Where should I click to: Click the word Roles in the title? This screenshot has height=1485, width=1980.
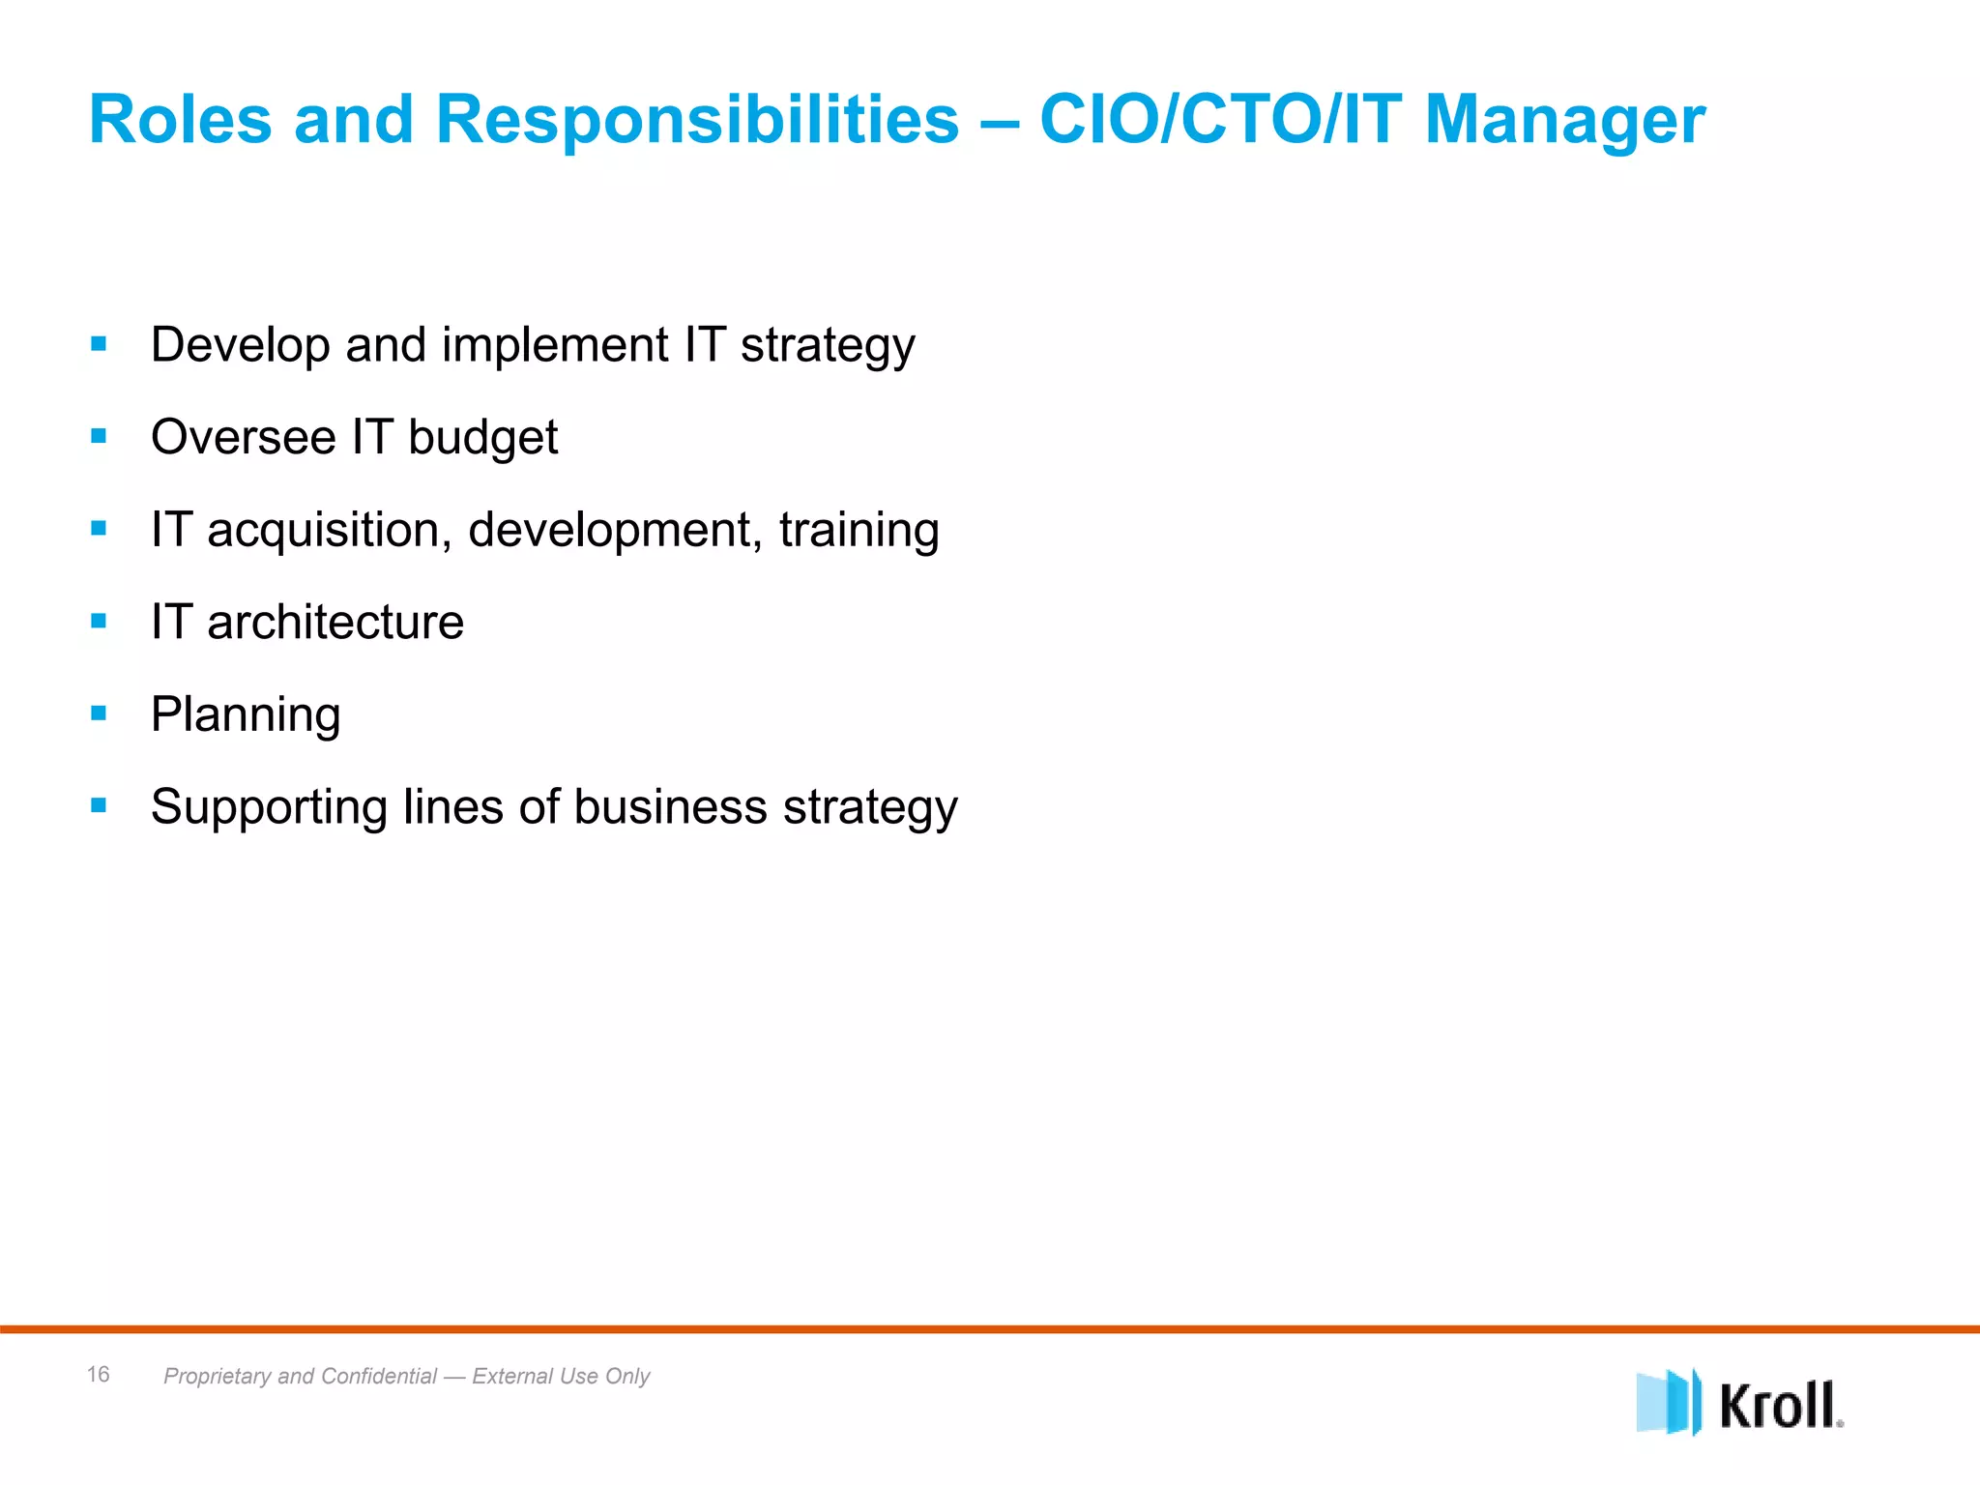(x=181, y=120)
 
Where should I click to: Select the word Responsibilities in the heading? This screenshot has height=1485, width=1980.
(x=697, y=120)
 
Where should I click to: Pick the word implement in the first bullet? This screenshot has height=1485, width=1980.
(x=555, y=345)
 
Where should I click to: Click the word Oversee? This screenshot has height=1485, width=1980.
(x=243, y=437)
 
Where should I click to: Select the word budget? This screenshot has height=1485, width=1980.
(x=482, y=438)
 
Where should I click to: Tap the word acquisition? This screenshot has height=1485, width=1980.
(x=330, y=530)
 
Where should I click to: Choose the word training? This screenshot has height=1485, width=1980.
(x=859, y=530)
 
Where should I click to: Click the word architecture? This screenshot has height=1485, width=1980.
(x=335, y=622)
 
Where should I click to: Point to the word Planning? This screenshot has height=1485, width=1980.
(x=246, y=715)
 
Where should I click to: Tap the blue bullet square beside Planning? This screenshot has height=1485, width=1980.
(x=99, y=713)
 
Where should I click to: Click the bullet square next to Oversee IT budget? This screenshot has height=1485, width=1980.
(x=99, y=436)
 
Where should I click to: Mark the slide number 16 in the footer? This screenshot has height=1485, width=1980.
(x=98, y=1374)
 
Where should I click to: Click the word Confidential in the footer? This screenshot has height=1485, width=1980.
(x=379, y=1376)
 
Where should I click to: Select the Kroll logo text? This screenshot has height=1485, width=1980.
(x=1780, y=1405)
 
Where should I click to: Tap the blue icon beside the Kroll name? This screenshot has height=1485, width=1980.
(x=1668, y=1402)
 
